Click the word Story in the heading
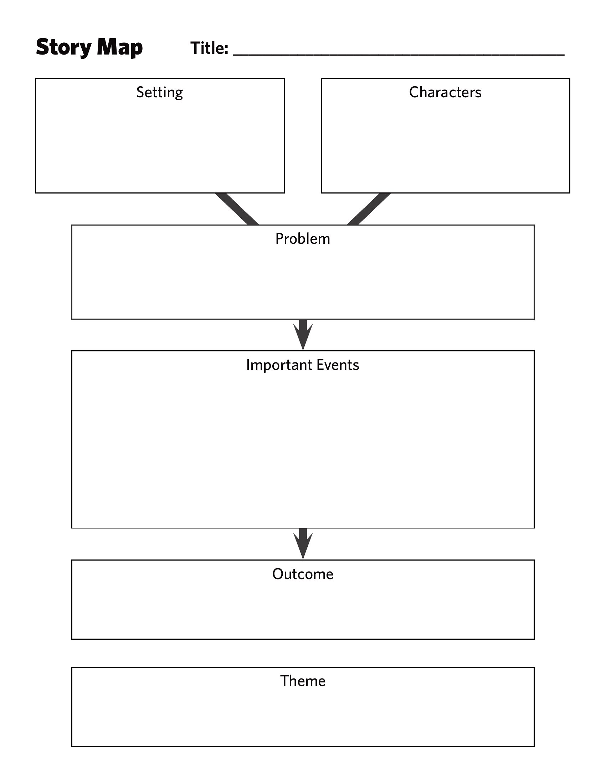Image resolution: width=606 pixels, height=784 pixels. (x=63, y=48)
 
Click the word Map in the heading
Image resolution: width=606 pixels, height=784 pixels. (x=120, y=48)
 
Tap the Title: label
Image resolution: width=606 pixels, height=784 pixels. (x=209, y=48)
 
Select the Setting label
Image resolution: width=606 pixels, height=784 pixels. (x=160, y=93)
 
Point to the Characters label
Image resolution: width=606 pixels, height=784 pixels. (x=445, y=93)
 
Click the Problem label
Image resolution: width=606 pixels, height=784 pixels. (x=303, y=239)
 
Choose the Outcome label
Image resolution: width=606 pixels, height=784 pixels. (x=303, y=574)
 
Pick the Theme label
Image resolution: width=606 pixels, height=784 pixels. (x=303, y=681)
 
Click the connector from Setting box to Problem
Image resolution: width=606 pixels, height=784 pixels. (x=237, y=209)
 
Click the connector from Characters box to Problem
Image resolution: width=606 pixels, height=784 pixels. (x=369, y=209)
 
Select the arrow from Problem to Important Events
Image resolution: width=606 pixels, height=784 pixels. (x=303, y=335)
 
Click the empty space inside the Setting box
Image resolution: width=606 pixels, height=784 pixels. (x=160, y=147)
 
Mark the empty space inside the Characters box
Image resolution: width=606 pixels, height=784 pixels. (x=445, y=147)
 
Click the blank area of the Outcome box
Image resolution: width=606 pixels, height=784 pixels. (x=303, y=610)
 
